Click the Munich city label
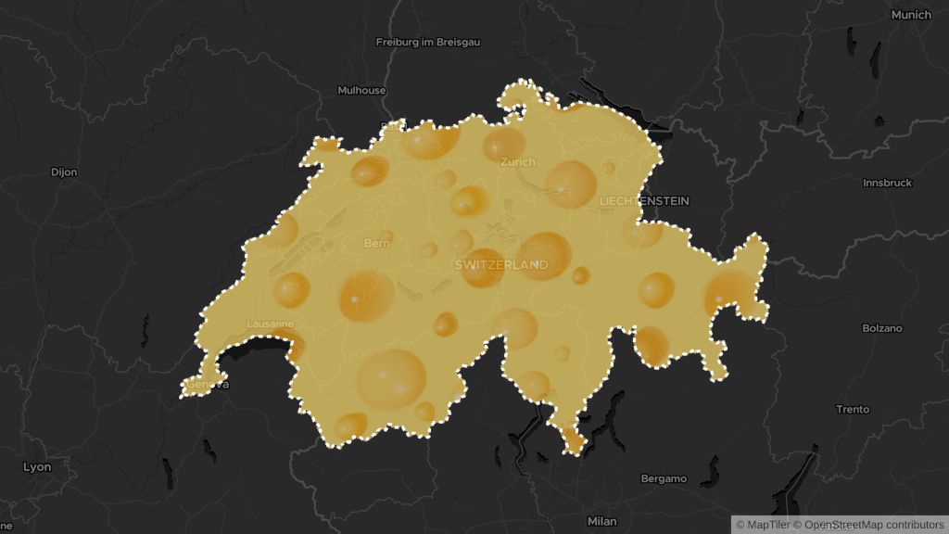(910, 15)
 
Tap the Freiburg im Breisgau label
(427, 42)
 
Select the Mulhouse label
(361, 90)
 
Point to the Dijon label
(64, 172)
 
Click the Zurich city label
(517, 161)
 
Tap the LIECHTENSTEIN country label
(644, 200)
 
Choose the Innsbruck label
(887, 183)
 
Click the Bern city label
(377, 243)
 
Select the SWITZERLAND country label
(501, 264)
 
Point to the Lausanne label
(270, 324)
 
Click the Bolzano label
(881, 328)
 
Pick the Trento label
(853, 409)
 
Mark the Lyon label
(37, 467)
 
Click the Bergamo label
(664, 478)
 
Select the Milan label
(601, 521)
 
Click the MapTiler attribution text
(763, 525)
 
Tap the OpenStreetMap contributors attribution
(867, 525)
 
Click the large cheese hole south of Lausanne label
(392, 377)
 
